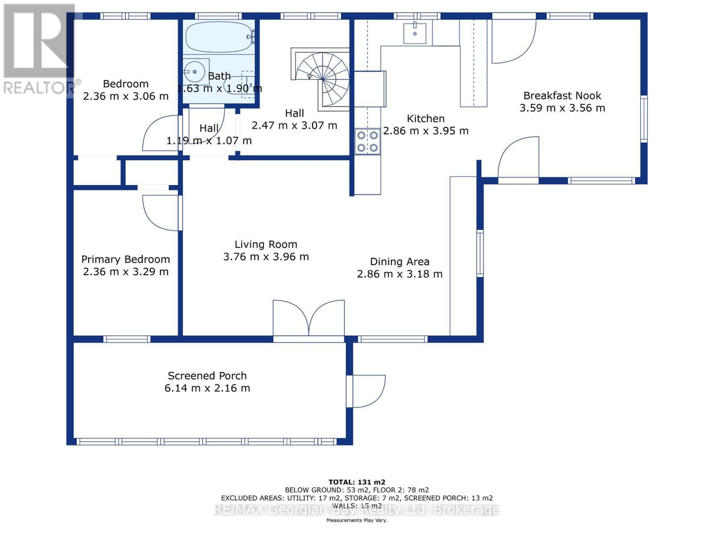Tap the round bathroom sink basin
pos(194,72)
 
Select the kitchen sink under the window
pos(415,33)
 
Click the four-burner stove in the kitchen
pos(367,141)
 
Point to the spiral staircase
pos(322,79)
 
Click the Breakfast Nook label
pos(562,95)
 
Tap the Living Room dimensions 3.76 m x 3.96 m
pos(266,257)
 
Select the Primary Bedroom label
pos(125,259)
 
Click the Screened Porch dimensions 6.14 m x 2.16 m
pos(207,388)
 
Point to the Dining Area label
pos(399,262)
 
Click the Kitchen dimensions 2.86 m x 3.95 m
pos(425,131)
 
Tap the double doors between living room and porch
pos(308,318)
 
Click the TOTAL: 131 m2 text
pos(357,482)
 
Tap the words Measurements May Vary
pos(357,520)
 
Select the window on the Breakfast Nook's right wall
pos(644,119)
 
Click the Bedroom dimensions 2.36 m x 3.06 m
pos(125,96)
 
